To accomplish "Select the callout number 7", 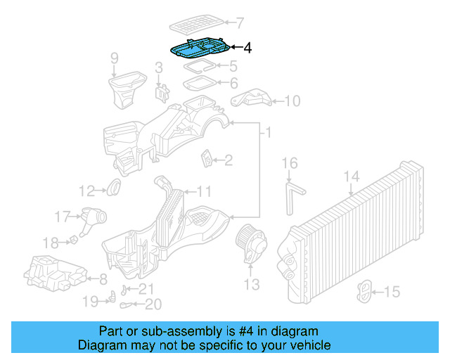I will click(239, 22).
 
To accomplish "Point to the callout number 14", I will click(352, 176).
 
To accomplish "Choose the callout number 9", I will click(115, 59).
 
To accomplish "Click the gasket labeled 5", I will click(199, 67).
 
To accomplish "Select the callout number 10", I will click(291, 101).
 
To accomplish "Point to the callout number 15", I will click(392, 291).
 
